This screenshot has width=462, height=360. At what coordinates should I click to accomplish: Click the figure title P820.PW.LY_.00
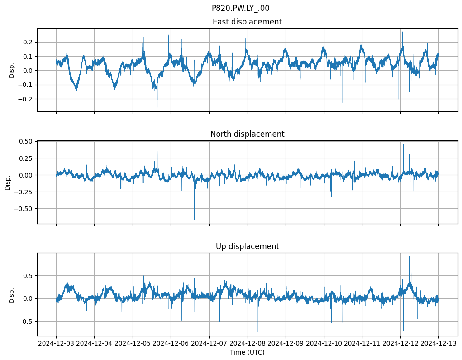(x=240, y=8)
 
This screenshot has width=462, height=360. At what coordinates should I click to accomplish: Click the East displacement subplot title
(x=247, y=22)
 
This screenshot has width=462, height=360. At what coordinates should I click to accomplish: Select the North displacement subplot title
(x=247, y=134)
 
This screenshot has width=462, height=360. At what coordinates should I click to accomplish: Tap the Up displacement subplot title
(x=247, y=246)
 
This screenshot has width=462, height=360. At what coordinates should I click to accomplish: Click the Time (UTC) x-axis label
(x=247, y=352)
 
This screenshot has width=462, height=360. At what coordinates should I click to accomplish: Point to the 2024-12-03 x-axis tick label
(x=56, y=343)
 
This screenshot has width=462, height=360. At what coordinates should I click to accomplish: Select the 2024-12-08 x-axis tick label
(x=247, y=343)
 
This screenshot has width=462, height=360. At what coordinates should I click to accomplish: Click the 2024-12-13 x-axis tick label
(x=438, y=343)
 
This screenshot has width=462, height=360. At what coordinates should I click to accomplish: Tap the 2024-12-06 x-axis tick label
(x=171, y=343)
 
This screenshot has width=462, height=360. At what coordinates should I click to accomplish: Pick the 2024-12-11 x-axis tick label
(x=362, y=343)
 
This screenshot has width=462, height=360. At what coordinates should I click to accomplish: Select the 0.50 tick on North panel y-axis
(x=25, y=141)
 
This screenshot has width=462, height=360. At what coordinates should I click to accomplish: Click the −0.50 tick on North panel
(x=24, y=209)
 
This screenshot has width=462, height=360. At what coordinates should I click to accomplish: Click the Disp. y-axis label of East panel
(x=12, y=70)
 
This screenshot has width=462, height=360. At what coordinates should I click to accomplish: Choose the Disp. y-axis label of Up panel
(x=12, y=295)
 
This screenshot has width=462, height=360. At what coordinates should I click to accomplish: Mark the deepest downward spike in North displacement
(x=195, y=220)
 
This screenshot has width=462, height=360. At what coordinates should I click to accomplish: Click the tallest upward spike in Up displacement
(x=409, y=257)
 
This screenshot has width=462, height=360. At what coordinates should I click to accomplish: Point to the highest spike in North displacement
(x=403, y=144)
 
